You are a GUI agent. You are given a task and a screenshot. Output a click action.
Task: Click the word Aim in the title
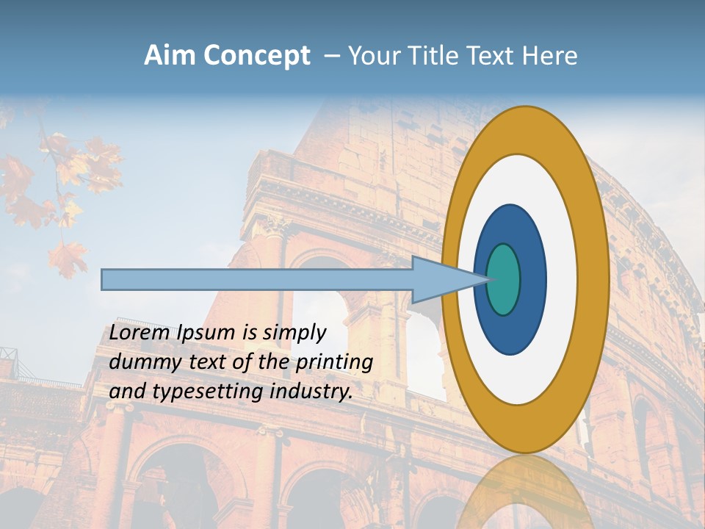pos(170,56)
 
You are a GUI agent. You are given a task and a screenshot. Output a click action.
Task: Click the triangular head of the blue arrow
pos(441,279)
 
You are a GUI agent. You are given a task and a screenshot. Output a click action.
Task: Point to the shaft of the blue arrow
pos(257,279)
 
